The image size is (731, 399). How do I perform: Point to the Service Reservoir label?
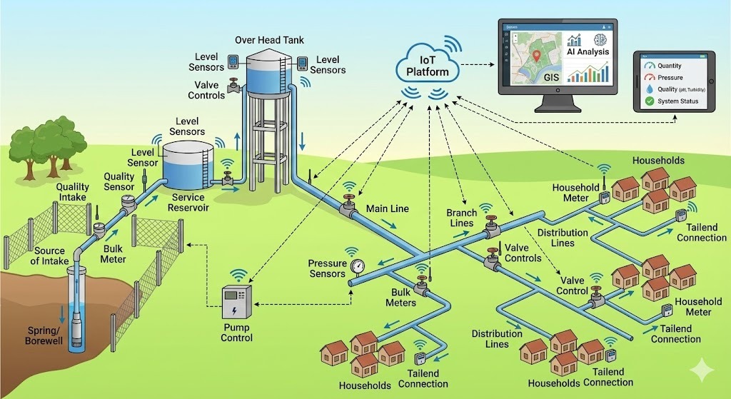[x=188, y=202]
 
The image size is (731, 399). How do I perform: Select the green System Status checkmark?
[x=649, y=102]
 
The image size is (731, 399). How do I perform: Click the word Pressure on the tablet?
[x=670, y=77]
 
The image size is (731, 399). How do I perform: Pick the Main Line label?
[x=387, y=208]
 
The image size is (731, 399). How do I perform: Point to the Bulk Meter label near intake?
[x=113, y=254]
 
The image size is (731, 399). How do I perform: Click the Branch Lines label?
[x=460, y=218]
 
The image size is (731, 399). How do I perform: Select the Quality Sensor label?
[x=119, y=182]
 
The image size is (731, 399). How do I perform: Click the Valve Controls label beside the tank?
[x=206, y=90]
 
